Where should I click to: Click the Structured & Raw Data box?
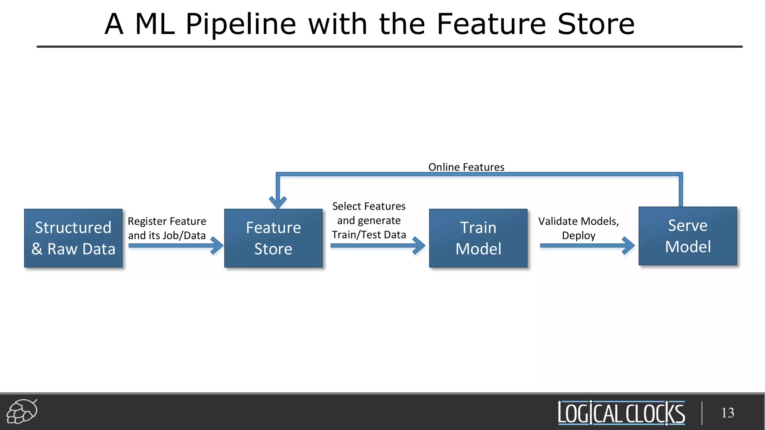73,238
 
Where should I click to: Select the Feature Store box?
273,238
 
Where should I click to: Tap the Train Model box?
478,238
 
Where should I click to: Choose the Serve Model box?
688,236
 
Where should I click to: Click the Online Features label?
466,167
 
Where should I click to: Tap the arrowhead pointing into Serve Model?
629,246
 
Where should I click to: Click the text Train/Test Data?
369,235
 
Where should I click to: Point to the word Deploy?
579,236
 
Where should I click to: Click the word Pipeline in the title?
241,24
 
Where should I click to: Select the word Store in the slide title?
596,24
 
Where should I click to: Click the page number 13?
727,413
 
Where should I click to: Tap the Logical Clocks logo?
621,413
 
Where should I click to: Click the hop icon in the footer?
22,411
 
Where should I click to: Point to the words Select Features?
369,206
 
